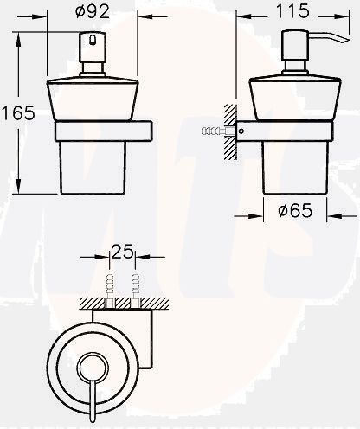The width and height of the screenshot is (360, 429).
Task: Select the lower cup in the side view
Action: (x=293, y=169)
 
